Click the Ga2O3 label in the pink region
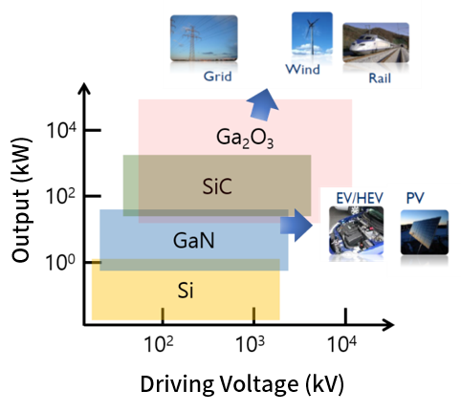pyautogui.click(x=245, y=139)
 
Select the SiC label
pyautogui.click(x=217, y=186)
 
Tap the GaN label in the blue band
pyautogui.click(x=193, y=240)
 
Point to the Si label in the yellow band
pyautogui.click(x=186, y=291)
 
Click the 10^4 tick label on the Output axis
pyautogui.click(x=61, y=130)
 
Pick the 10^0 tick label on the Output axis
pyautogui.click(x=60, y=262)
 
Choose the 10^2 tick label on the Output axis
pyautogui.click(x=60, y=196)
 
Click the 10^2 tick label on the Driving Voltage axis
pyautogui.click(x=159, y=344)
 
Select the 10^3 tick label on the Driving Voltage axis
pyautogui.click(x=250, y=344)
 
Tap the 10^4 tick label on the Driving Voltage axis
pyautogui.click(x=341, y=344)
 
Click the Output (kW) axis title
pyautogui.click(x=22, y=200)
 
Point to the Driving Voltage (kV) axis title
pyautogui.click(x=242, y=384)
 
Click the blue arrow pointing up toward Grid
pyautogui.click(x=263, y=105)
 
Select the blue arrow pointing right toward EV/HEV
pyautogui.click(x=296, y=226)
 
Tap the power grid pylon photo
pyautogui.click(x=204, y=38)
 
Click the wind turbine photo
pyautogui.click(x=312, y=33)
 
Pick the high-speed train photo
pyautogui.click(x=376, y=42)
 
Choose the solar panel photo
pyautogui.click(x=425, y=232)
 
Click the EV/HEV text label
pyautogui.click(x=360, y=198)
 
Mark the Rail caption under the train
pyautogui.click(x=380, y=78)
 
